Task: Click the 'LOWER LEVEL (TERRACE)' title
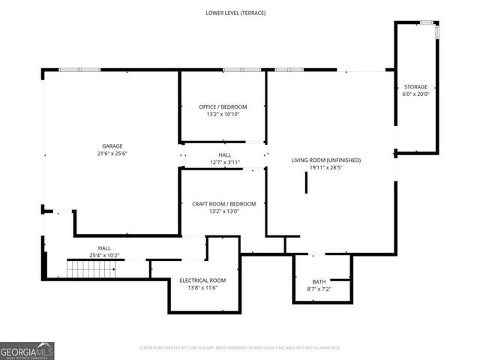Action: tap(235, 13)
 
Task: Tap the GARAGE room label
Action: tap(112, 146)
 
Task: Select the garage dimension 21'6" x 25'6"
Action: tap(112, 154)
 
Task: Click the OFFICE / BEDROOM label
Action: tap(223, 106)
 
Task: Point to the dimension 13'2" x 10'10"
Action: tap(223, 115)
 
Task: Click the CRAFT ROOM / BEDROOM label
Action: tap(223, 204)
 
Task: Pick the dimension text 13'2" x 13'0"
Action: tap(223, 211)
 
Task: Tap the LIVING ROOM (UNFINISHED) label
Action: tap(326, 160)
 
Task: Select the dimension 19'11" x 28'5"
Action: tap(326, 168)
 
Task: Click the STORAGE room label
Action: tap(416, 87)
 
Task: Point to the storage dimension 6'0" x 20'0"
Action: tap(416, 94)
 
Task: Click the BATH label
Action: tap(320, 281)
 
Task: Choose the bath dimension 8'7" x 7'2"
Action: tap(320, 289)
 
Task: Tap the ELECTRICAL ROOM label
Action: tap(202, 280)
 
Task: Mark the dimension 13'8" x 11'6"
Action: tap(202, 288)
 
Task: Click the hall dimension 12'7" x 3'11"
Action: tap(224, 162)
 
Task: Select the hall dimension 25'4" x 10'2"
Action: tap(104, 256)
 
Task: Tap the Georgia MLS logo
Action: tap(27, 350)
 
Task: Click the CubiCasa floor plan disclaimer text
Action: tap(239, 347)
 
